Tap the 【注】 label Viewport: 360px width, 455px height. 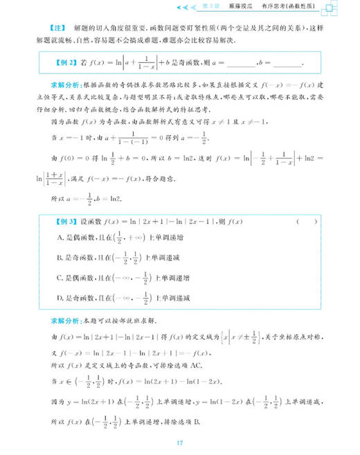pyautogui.click(x=60, y=28)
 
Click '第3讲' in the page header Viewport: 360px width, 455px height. pyautogui.click(x=219, y=6)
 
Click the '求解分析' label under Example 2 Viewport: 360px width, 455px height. pyautogui.click(x=64, y=89)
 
